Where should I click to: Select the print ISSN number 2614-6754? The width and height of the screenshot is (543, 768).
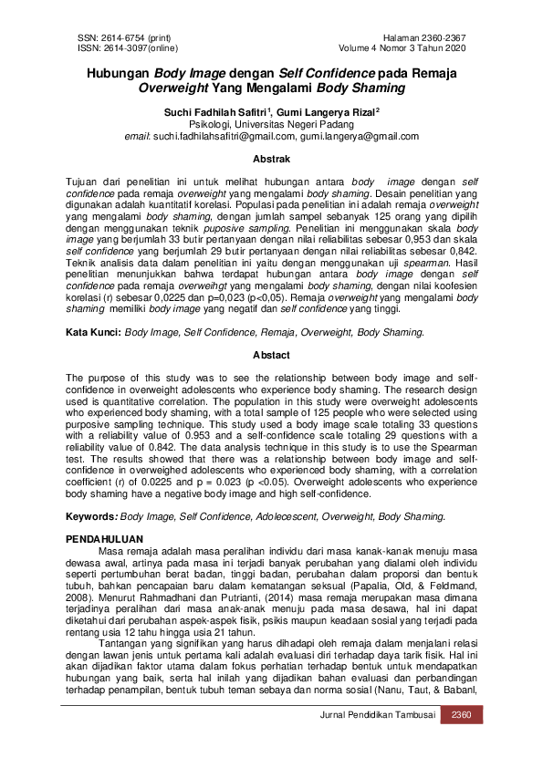click(x=116, y=37)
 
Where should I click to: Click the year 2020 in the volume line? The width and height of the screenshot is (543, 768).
click(x=454, y=47)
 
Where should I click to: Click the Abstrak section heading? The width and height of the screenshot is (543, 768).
click(x=271, y=159)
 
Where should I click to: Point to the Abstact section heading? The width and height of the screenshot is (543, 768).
click(x=271, y=356)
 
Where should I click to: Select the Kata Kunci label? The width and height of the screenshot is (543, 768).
click(x=92, y=333)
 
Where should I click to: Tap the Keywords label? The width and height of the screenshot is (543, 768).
click(x=91, y=516)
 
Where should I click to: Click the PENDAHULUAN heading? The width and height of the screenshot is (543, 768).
click(x=105, y=541)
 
